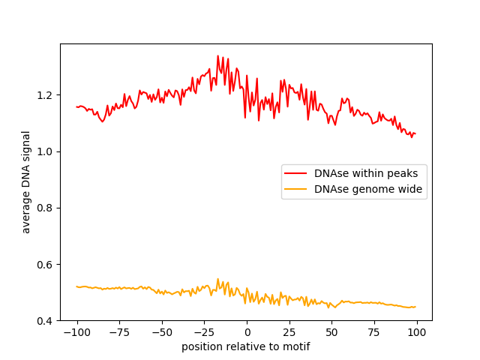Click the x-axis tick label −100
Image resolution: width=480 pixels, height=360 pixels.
[76, 332]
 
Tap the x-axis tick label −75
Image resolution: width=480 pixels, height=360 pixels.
[119, 332]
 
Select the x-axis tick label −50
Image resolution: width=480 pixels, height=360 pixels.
[161, 332]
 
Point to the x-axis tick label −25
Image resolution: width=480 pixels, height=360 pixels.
[204, 332]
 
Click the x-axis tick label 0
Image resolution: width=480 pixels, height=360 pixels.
[247, 332]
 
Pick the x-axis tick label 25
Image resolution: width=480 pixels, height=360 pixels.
[289, 332]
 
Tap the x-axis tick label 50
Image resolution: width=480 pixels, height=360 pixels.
[331, 332]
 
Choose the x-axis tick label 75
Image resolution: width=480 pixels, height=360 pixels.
[374, 332]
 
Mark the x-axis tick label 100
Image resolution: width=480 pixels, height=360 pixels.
[417, 332]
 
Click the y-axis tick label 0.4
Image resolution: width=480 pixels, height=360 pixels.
[46, 321]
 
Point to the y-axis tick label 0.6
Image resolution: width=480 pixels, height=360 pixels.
[46, 265]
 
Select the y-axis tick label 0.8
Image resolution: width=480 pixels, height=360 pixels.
[46, 208]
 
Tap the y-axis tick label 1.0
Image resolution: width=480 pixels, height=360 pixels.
[46, 151]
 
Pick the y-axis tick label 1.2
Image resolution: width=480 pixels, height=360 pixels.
[46, 95]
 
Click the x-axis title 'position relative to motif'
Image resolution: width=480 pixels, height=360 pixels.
[246, 346]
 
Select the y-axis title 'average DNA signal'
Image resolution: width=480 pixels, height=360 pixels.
[26, 182]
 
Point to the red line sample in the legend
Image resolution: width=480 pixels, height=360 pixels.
[296, 173]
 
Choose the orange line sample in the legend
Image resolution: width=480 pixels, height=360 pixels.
[296, 189]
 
